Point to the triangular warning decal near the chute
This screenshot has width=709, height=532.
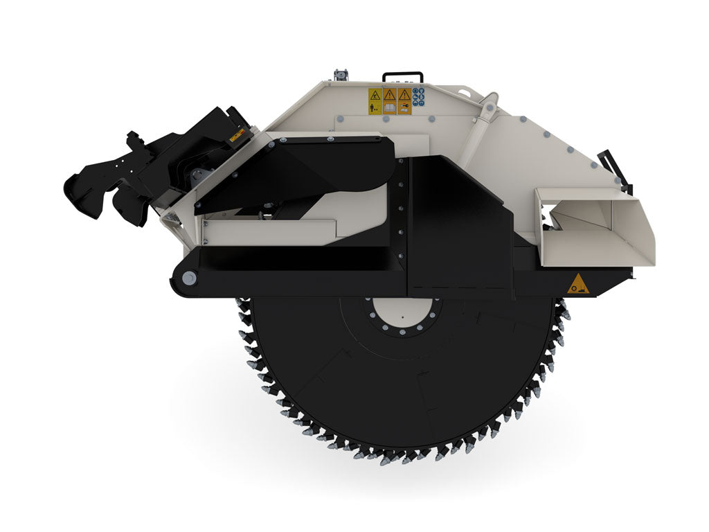[x=578, y=284]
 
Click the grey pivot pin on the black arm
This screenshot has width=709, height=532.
[x=188, y=278]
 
